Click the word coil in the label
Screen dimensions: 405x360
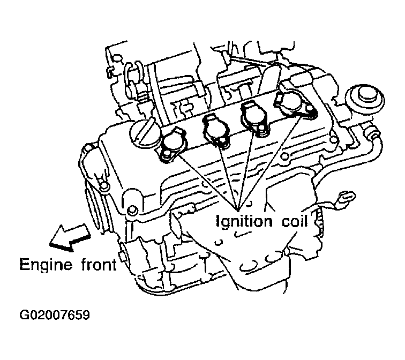point(295,221)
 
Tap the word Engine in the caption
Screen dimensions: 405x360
point(46,265)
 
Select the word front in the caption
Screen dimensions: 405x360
point(99,265)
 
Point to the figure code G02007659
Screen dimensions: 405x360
point(55,315)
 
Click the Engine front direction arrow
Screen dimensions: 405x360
point(70,238)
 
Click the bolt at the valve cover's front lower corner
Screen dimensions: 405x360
point(131,209)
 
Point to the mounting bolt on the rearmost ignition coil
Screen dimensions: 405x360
point(310,111)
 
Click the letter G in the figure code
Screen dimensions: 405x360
point(24,315)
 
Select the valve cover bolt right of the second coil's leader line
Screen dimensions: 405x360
point(284,156)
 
